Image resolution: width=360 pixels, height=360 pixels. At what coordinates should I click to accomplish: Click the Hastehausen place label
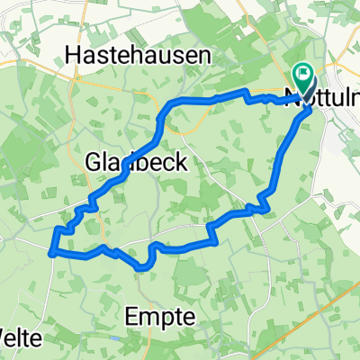[x=139, y=56]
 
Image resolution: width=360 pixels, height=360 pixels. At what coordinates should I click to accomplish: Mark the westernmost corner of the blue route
[x=51, y=253]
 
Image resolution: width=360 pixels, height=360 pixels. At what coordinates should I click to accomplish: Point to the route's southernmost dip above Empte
[x=141, y=266]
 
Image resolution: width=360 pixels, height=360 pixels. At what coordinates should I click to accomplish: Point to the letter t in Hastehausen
[x=112, y=56]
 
